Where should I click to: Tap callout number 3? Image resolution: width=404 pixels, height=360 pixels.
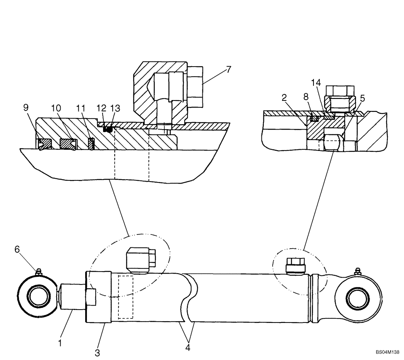coord(97,352)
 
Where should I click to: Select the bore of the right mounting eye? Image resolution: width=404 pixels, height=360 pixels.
coord(359,298)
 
